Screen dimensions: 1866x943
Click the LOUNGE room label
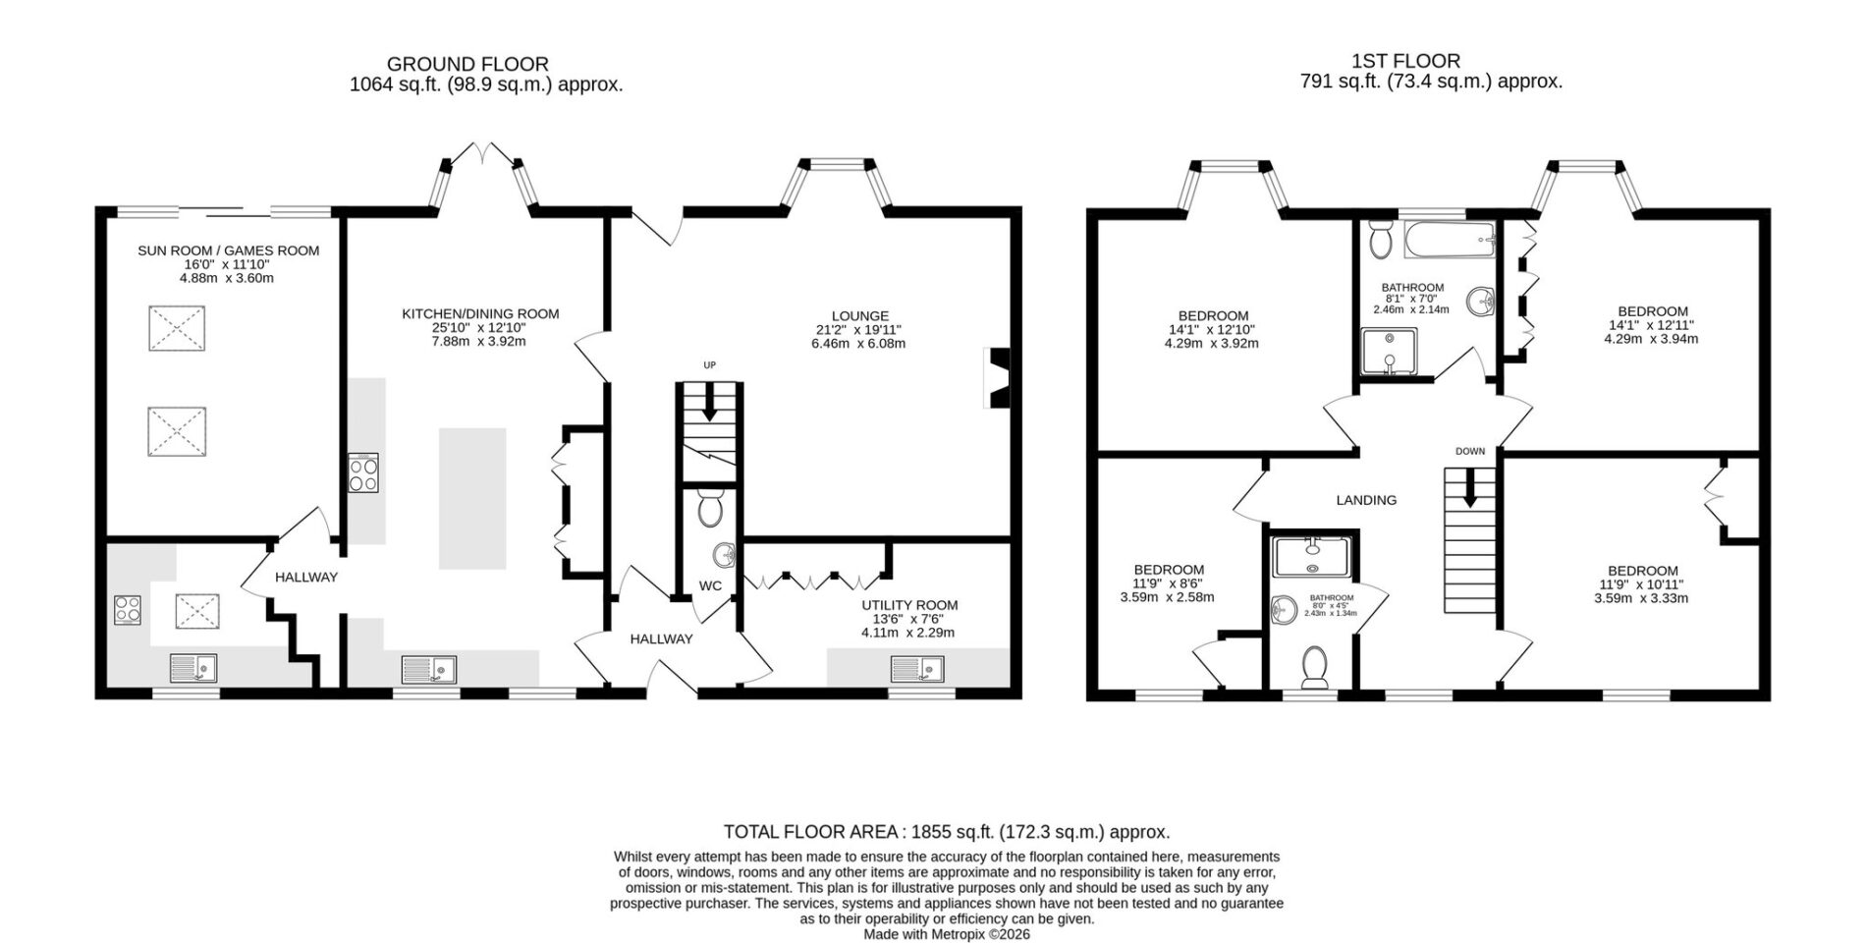click(x=858, y=316)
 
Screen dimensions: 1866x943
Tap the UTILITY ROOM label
click(x=909, y=605)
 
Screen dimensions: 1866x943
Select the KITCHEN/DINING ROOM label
click(x=480, y=314)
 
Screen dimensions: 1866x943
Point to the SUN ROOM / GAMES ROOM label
click(x=228, y=250)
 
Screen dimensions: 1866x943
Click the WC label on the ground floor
click(x=710, y=586)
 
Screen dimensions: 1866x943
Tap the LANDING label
click(x=1366, y=500)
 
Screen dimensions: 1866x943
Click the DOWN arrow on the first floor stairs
click(x=1469, y=488)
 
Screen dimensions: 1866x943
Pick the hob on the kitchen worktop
click(x=363, y=472)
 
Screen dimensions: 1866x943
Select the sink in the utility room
click(x=917, y=670)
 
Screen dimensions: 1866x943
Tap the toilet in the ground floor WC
click(x=709, y=506)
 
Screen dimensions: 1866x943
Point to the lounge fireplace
click(x=996, y=377)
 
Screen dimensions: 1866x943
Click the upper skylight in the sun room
click(x=177, y=328)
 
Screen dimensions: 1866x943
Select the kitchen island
click(x=472, y=499)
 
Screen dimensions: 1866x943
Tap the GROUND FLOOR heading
click(x=467, y=65)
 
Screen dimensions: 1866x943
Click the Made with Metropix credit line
click(x=947, y=934)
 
